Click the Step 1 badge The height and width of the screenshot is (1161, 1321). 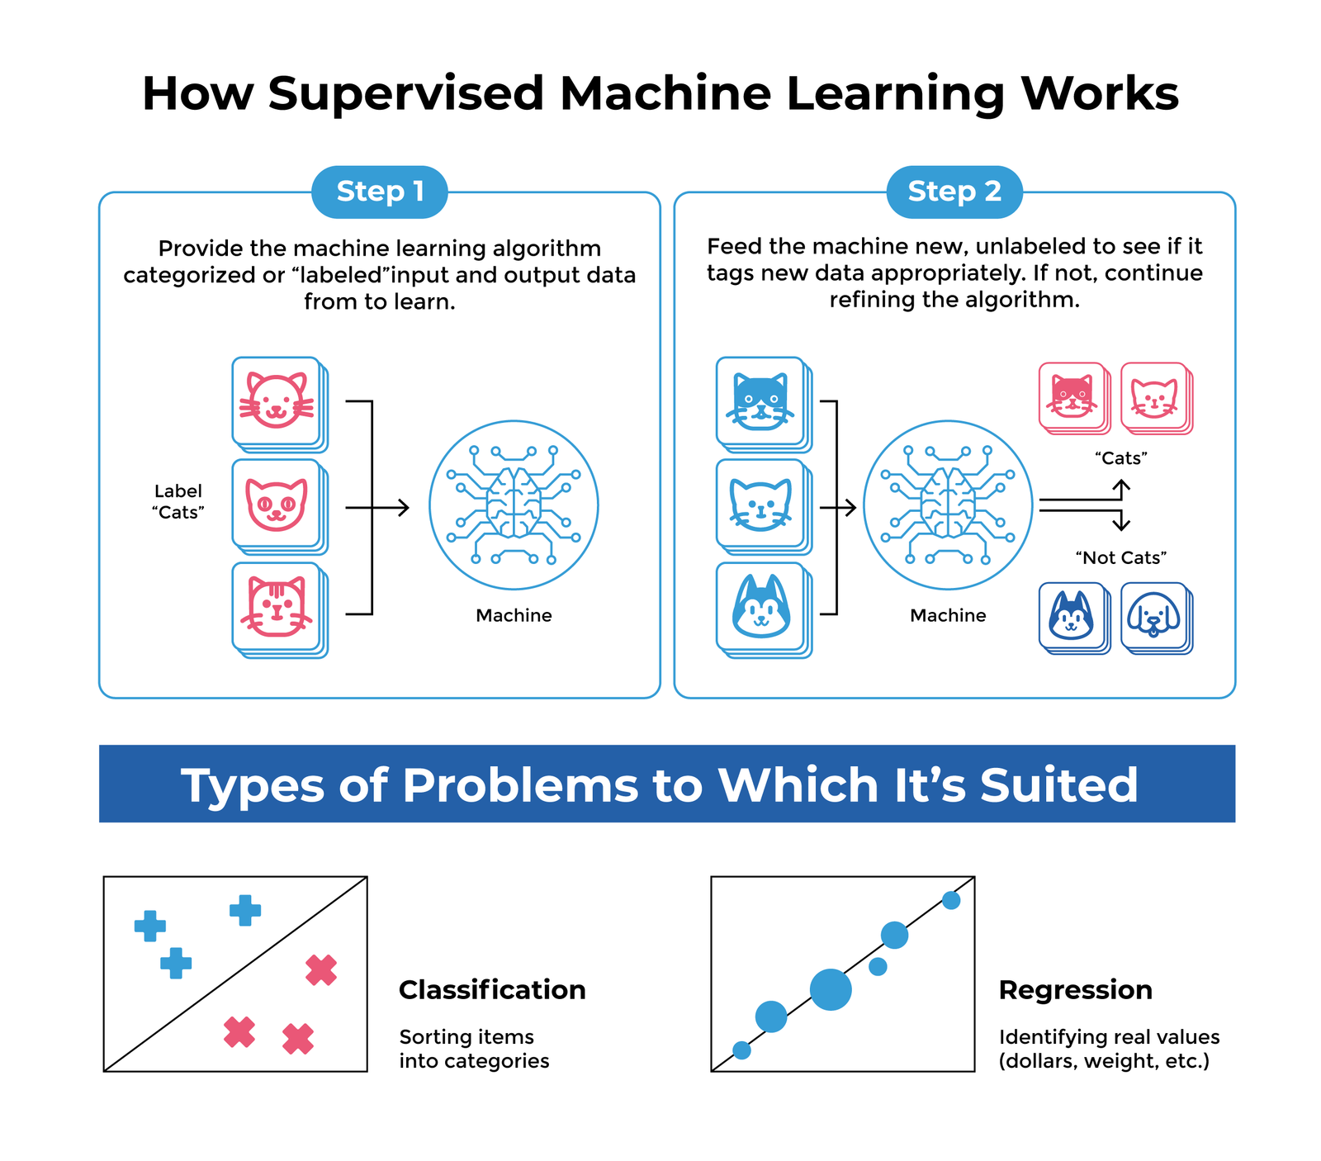click(x=380, y=192)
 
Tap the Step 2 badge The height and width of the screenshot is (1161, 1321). click(x=954, y=192)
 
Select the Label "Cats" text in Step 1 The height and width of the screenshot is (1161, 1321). click(x=178, y=502)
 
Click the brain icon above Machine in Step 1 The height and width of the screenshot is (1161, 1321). click(x=514, y=505)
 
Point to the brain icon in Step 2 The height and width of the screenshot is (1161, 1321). click(x=948, y=505)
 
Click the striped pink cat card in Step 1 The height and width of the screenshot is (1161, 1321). click(x=279, y=609)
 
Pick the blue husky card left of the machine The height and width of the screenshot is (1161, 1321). click(x=764, y=609)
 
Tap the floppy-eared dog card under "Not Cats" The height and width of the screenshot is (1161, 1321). click(x=1156, y=618)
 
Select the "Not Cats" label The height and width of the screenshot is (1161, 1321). click(x=1121, y=558)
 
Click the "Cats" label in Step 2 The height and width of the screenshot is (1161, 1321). click(x=1121, y=458)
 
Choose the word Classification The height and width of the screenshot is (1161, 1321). click(x=492, y=990)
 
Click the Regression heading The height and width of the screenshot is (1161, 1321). click(x=1076, y=990)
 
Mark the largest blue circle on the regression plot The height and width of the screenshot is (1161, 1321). click(x=831, y=989)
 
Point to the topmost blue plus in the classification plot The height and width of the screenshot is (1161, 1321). click(x=245, y=911)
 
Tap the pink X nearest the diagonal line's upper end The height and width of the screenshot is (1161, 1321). click(x=321, y=970)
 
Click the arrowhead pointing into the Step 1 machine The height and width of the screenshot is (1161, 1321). click(x=404, y=507)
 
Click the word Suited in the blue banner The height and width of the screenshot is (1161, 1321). click(x=1059, y=784)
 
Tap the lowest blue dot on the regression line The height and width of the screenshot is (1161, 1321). click(x=741, y=1050)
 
